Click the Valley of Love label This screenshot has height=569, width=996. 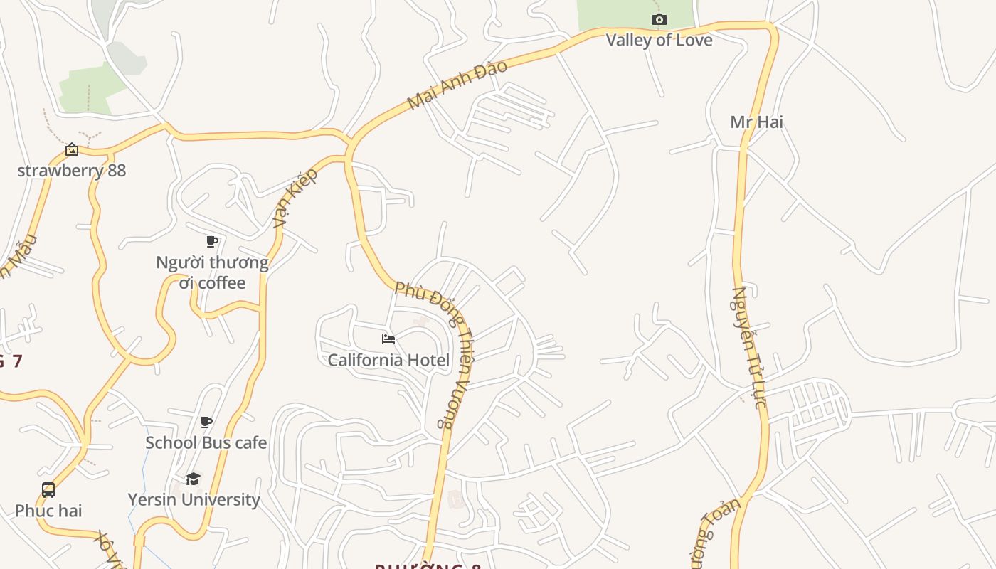pos(659,40)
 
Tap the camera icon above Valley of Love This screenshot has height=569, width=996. pos(659,19)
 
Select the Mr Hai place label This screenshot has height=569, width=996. pos(756,122)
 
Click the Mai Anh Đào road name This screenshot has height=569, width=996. pos(457,85)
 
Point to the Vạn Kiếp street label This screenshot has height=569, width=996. pos(295,198)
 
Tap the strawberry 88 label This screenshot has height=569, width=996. pos(71,171)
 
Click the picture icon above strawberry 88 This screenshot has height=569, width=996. pos(72,149)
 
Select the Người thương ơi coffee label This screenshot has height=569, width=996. pos(212,272)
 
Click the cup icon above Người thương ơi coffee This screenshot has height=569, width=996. pos(211,241)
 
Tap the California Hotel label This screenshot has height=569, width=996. pos(388,360)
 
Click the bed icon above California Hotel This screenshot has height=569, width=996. pos(388,339)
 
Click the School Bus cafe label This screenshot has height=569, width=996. pos(206,442)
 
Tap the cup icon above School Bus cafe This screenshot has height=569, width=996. pos(206,422)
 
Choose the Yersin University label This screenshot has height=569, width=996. pos(194,499)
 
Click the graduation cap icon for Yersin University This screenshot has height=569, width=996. pos(193,479)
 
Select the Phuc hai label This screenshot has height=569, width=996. pos(48,511)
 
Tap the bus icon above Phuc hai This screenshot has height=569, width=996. pos(48,490)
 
